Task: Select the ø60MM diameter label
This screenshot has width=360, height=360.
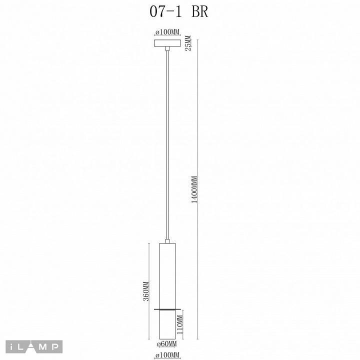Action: [x=166, y=344]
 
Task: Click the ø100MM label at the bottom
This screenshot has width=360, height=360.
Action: [x=167, y=355]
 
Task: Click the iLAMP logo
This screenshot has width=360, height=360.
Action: [x=34, y=346]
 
